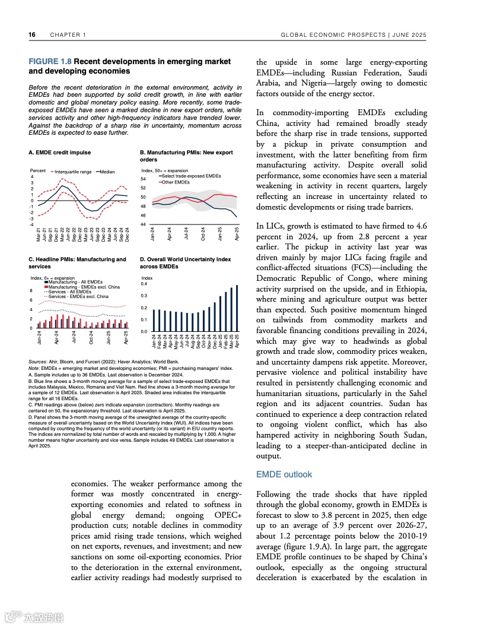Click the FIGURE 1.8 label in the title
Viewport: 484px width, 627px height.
pos(50,62)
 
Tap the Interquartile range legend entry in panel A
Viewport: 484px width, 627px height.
pos(72,172)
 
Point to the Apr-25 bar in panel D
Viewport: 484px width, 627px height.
pos(237,308)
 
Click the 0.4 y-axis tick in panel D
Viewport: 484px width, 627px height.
pos(144,284)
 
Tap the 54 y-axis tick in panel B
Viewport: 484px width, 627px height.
pos(144,179)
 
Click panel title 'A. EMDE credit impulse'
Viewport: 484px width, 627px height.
pos(59,153)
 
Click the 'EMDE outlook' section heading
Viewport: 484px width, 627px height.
pos(284,474)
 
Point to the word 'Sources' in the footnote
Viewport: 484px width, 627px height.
pos(38,362)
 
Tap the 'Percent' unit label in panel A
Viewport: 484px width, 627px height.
pos(37,171)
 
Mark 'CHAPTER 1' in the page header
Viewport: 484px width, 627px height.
pos(68,35)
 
